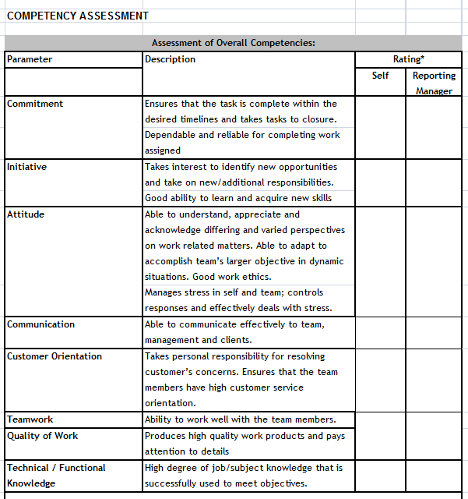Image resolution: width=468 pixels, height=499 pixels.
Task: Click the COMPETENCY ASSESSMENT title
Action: [77, 16]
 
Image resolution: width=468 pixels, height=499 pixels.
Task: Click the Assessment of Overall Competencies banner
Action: [233, 43]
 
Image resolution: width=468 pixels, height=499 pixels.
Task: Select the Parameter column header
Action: [30, 59]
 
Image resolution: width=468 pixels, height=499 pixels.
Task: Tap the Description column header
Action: [170, 59]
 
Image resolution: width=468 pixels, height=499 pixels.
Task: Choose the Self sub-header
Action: [380, 76]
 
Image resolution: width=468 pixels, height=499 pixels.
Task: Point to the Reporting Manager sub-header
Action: [434, 83]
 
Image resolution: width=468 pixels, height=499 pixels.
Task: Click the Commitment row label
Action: [35, 104]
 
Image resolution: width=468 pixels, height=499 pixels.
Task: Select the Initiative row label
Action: [26, 167]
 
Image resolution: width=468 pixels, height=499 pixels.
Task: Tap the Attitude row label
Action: [26, 214]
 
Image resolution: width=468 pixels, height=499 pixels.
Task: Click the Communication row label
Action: [40, 324]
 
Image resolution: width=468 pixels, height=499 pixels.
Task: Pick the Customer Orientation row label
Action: [55, 356]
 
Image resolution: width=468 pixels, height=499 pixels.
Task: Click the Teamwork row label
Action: [30, 419]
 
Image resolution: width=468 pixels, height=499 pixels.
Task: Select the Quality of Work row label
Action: [42, 436]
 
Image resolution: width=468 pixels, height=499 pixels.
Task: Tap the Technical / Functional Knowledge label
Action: [56, 475]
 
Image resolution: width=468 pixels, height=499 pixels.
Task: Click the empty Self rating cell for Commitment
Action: [380, 127]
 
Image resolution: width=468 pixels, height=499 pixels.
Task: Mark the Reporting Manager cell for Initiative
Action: [434, 182]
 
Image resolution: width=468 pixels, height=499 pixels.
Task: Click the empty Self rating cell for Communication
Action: [380, 332]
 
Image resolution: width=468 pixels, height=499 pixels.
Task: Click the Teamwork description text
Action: [240, 419]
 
